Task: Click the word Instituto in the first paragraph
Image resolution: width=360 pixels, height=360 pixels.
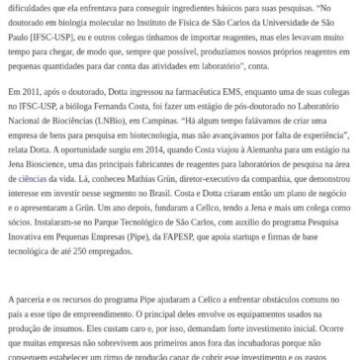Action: click(x=135, y=20)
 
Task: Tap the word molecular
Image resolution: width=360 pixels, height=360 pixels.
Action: click(x=95, y=20)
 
